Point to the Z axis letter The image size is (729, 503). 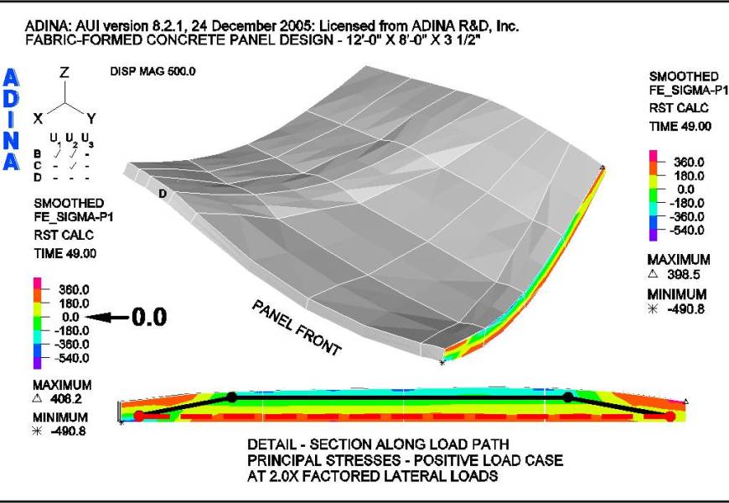[64, 73]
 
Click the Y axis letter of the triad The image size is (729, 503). [92, 118]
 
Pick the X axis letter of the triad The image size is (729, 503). [38, 118]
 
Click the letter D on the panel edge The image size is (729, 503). [163, 194]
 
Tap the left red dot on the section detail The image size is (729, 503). [139, 415]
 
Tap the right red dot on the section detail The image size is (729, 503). [670, 416]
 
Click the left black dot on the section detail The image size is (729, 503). [232, 397]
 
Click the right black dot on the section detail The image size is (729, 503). [568, 397]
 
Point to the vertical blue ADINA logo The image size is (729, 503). [13, 119]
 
